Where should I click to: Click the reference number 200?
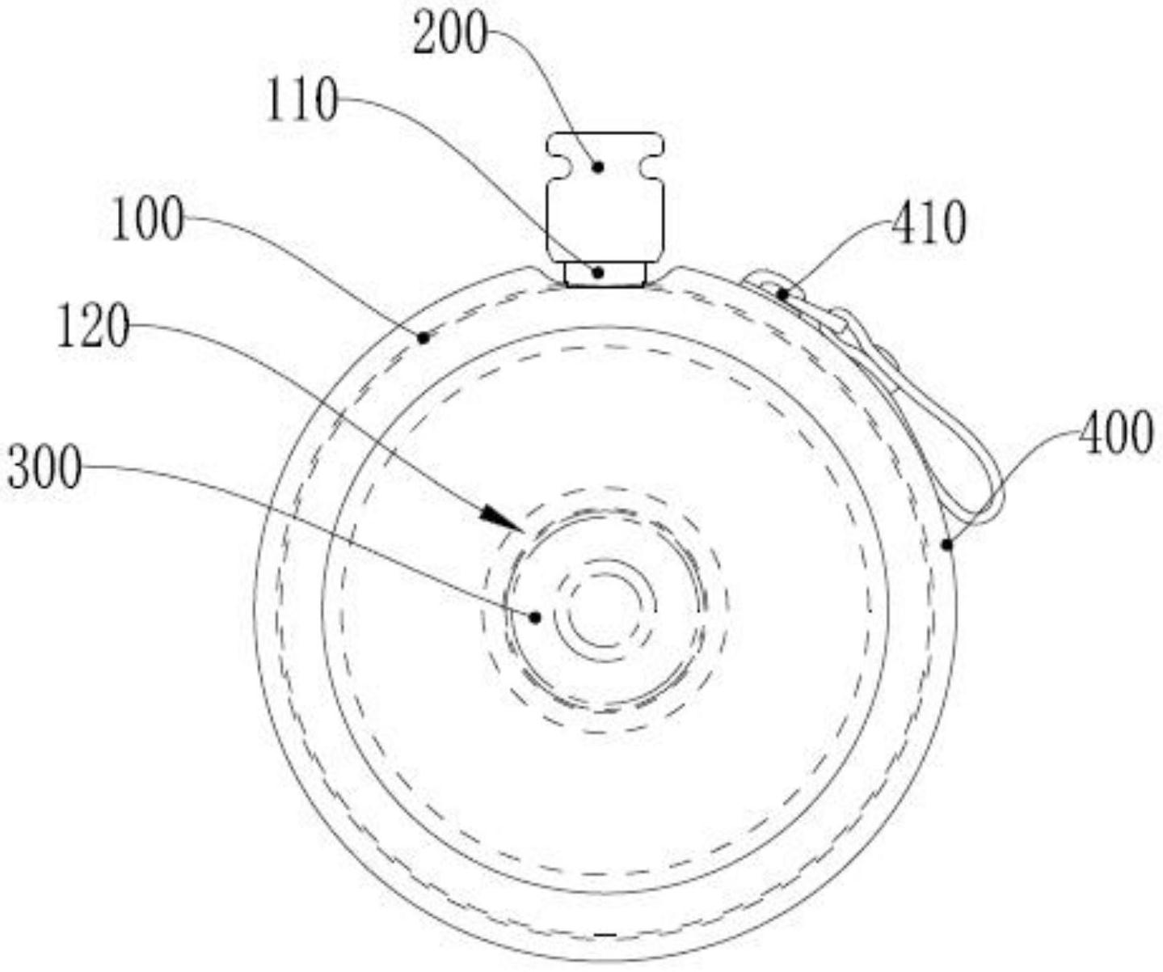point(450,36)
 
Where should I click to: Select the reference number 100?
point(146,222)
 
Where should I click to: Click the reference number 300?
point(44,470)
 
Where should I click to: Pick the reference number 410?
point(929,222)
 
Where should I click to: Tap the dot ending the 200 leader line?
point(598,167)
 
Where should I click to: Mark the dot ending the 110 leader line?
point(597,273)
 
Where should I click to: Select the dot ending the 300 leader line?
point(534,617)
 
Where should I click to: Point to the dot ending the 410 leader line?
point(782,295)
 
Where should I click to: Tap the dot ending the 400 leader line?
point(947,545)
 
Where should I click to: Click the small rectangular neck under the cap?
point(605,273)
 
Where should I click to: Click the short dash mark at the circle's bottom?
point(605,935)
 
